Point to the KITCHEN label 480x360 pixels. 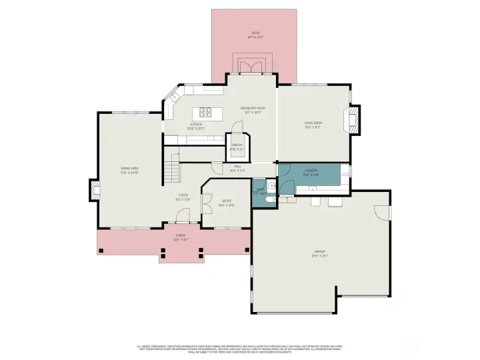point(196,125)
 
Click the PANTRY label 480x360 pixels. point(237,147)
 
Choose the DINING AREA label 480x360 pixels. point(129,170)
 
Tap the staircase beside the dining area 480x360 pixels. point(173,167)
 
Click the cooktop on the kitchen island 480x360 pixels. point(204,112)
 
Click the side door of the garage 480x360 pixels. point(383,212)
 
